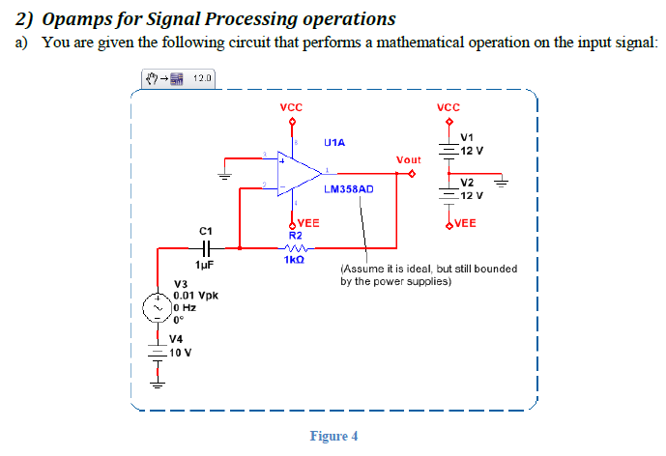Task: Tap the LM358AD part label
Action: tap(348, 190)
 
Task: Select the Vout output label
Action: tap(408, 158)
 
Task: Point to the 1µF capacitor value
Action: tap(204, 264)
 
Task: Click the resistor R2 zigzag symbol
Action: tap(296, 247)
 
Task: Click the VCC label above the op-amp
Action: tap(289, 108)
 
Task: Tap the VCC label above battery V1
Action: tap(448, 108)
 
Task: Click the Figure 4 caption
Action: tap(333, 436)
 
